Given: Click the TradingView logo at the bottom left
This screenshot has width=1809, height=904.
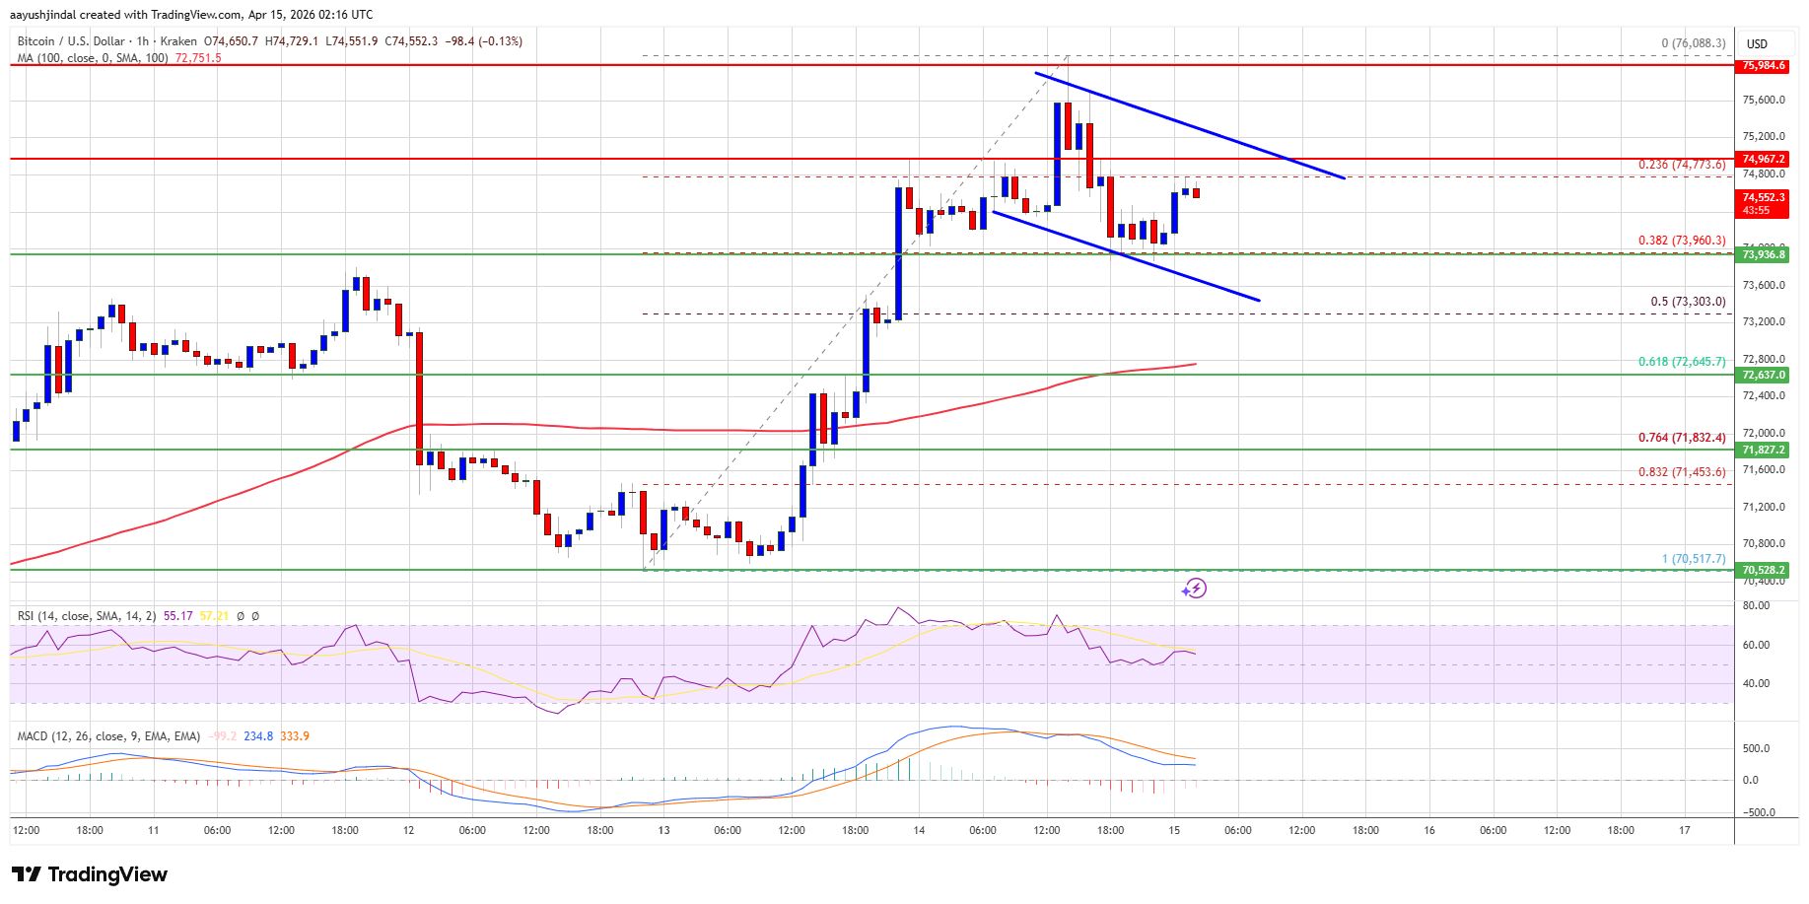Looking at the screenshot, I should (90, 874).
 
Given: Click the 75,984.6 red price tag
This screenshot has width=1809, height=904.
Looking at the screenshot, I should (1764, 66).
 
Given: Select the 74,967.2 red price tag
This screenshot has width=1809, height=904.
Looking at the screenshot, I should (1764, 159).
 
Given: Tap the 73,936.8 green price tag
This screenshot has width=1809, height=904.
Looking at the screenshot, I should (1764, 254).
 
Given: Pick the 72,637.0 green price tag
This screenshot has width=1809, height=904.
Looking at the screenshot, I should (1764, 375).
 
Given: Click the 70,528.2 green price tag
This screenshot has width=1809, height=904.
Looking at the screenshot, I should (1764, 570).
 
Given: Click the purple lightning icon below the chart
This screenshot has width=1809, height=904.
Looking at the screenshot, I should (1194, 589).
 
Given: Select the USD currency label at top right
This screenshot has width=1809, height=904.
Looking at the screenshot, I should (1757, 43).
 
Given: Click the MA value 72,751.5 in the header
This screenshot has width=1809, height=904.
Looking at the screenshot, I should (198, 58).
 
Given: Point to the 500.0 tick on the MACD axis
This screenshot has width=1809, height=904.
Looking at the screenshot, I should (1757, 748).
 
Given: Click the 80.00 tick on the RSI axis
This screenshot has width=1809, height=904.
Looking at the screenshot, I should (1756, 606).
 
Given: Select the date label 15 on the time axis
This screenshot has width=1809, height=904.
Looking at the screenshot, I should (1174, 830).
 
